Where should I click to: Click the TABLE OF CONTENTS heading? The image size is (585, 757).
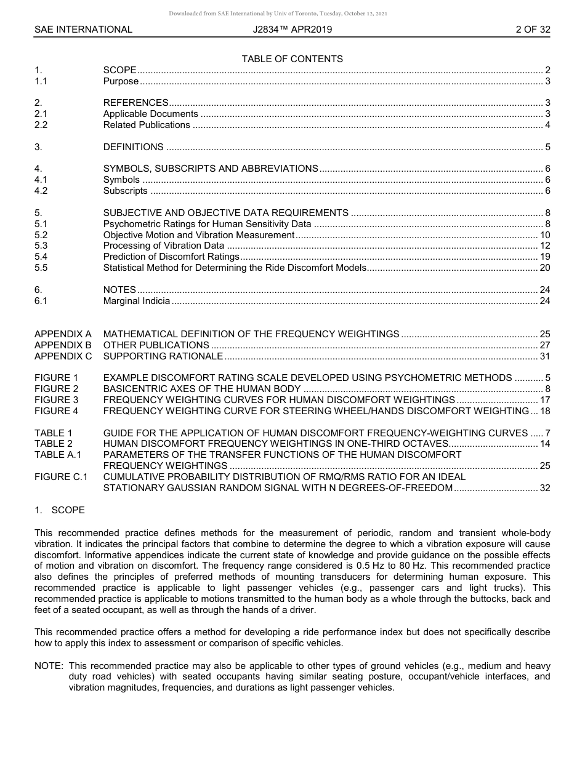pyautogui.click(x=292, y=59)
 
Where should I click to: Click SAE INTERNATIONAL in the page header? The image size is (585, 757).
pyautogui.click(x=83, y=30)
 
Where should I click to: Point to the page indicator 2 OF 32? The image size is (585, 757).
pyautogui.click(x=533, y=30)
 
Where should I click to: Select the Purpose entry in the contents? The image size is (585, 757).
pyautogui.click(x=121, y=81)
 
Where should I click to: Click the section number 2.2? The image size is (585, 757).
pyautogui.click(x=41, y=125)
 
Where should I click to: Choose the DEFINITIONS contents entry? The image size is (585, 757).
pyautogui.click(x=133, y=147)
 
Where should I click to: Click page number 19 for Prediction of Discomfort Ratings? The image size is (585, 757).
pyautogui.click(x=544, y=257)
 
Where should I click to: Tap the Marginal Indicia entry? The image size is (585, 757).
pyautogui.click(x=136, y=301)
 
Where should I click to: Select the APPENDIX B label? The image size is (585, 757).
pyautogui.click(x=63, y=345)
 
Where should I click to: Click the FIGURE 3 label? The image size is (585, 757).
pyautogui.click(x=57, y=400)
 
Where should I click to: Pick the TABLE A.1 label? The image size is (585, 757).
pyautogui.click(x=58, y=455)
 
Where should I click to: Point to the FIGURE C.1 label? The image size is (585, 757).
pyautogui.click(x=61, y=477)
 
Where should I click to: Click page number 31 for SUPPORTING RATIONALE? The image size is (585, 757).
pyautogui.click(x=544, y=356)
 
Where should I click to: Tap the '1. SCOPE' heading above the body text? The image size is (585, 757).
pyautogui.click(x=60, y=510)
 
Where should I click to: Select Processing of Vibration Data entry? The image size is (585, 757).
pyautogui.click(x=163, y=246)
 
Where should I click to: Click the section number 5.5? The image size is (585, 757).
pyautogui.click(x=41, y=268)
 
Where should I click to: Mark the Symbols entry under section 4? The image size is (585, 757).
pyautogui.click(x=121, y=180)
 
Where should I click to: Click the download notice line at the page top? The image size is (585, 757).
pyautogui.click(x=278, y=14)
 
